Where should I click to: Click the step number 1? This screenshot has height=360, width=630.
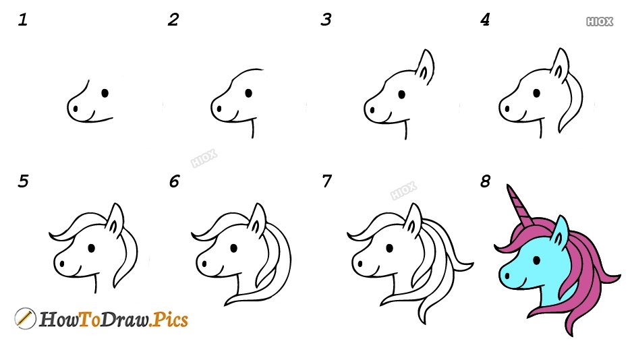[x=22, y=20]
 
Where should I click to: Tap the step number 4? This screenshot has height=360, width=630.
[x=485, y=20]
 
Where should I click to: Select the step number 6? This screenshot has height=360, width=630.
[x=174, y=181]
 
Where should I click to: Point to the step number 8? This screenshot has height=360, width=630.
[x=486, y=181]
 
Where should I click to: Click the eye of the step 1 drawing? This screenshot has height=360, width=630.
[x=105, y=93]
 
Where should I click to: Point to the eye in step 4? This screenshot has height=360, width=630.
[x=536, y=93]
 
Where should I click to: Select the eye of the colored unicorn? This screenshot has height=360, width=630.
[x=537, y=260]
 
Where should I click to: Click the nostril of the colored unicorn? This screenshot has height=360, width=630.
[x=507, y=276]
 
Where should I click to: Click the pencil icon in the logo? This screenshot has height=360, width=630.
[x=25, y=318]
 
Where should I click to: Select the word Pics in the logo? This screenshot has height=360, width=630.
[x=171, y=320]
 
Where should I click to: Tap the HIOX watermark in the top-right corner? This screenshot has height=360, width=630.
[x=600, y=22]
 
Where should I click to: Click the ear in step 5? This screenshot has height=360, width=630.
[x=115, y=219]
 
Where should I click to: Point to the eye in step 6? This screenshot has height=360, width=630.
[x=233, y=248]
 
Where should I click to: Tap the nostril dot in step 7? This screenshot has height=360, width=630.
[x=360, y=264]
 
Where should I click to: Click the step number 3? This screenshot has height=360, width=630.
[x=326, y=20]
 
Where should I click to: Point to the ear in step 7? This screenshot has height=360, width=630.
[x=413, y=219]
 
